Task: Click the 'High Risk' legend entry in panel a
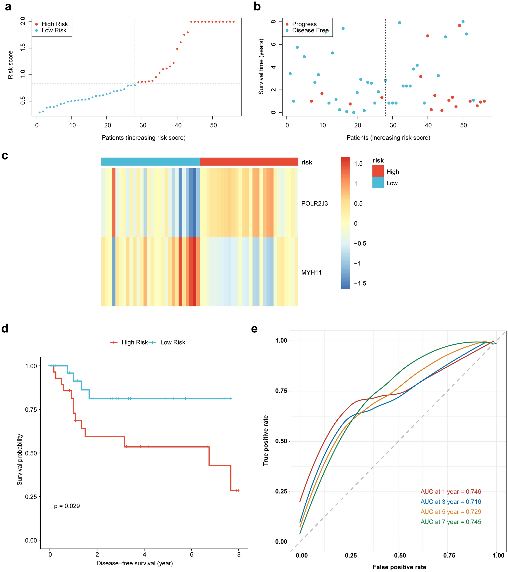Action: point(54,24)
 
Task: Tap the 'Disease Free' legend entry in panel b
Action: point(310,30)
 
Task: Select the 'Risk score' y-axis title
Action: point(10,65)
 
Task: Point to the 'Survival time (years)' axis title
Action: point(261,67)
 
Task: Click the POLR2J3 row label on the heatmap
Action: point(314,203)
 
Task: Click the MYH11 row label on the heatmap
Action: point(311,272)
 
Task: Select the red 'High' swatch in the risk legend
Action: point(378,171)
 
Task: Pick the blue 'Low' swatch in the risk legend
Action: point(378,183)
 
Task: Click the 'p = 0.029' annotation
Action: point(67,506)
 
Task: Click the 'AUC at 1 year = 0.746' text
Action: point(451,491)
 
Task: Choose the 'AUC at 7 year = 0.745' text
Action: point(451,522)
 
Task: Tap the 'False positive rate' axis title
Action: point(399,567)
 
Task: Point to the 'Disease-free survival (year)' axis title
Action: point(134,563)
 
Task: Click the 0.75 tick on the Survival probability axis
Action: point(31,410)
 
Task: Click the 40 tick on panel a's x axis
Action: point(178,125)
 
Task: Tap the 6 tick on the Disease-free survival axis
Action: point(191,554)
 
